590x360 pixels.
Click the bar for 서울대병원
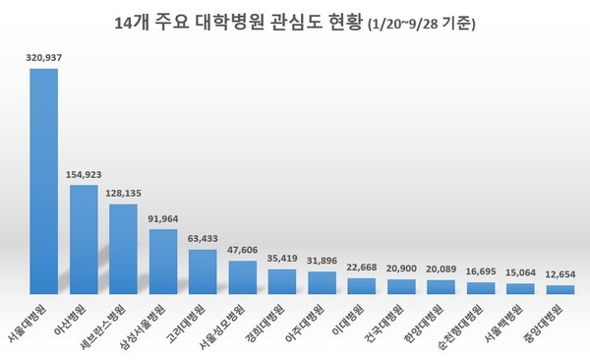43,181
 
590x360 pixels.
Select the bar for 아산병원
83,239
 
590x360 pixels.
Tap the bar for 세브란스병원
123,249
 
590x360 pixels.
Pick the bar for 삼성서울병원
162,262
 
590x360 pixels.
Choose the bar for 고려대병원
203,271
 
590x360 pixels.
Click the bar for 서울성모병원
242,277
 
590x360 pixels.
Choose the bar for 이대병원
362,286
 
